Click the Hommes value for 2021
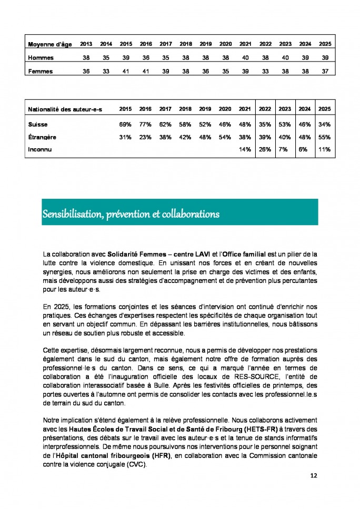(x=245, y=57)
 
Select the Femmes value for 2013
(x=86, y=72)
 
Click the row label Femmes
(x=41, y=72)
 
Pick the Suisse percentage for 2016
(x=145, y=125)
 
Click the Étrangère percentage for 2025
(x=325, y=137)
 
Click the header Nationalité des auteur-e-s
(x=65, y=109)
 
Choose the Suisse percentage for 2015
(x=125, y=125)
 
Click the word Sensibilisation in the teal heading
(x=71, y=215)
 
